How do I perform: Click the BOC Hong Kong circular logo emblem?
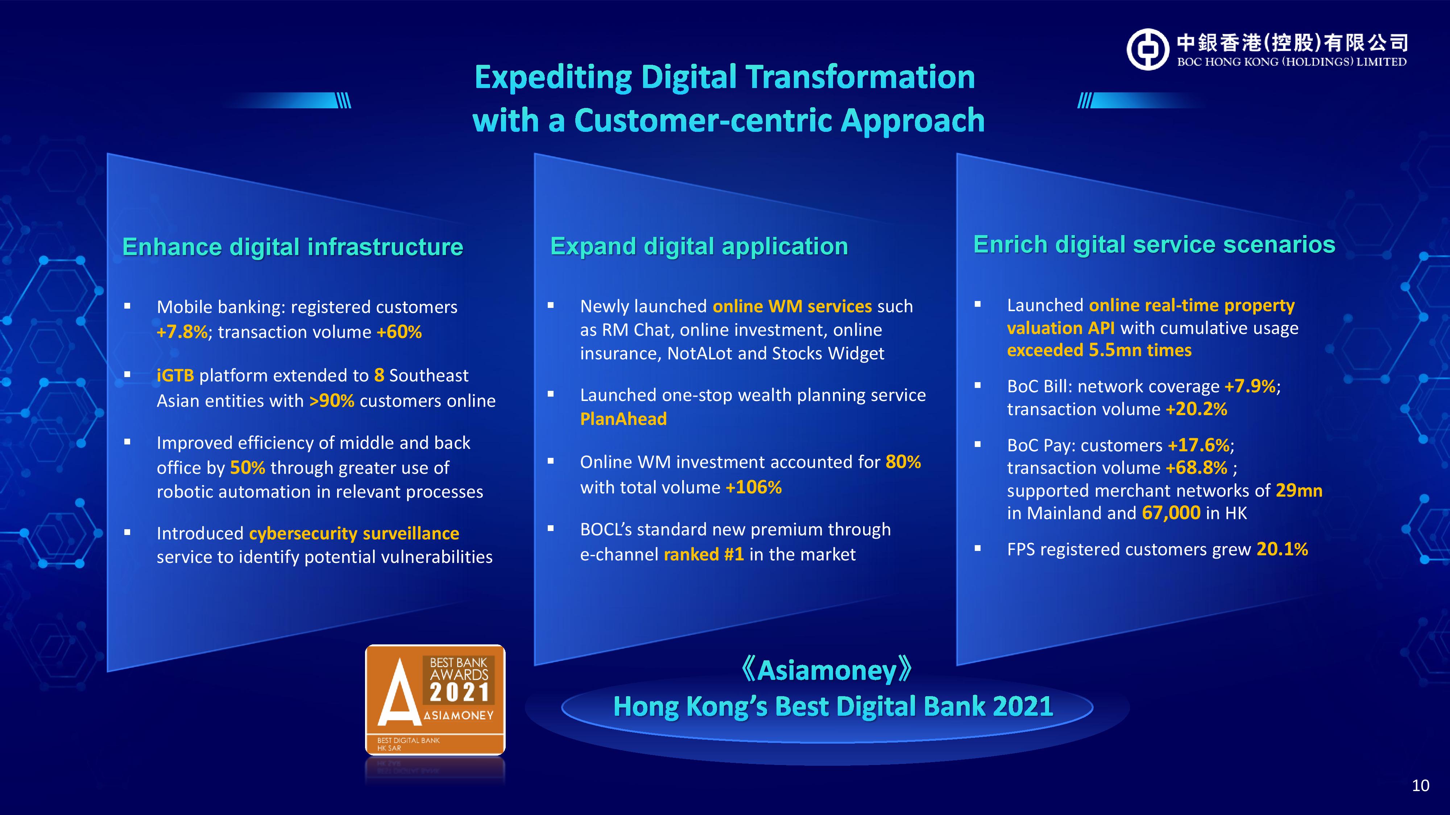pos(1148,50)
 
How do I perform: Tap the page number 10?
pos(1421,786)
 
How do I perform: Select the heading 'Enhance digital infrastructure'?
pos(293,247)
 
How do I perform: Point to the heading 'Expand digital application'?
pos(699,246)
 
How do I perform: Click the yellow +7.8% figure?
pos(182,332)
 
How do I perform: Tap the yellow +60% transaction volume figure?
pos(399,332)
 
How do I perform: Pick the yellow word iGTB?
pos(175,375)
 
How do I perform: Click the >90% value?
pos(332,401)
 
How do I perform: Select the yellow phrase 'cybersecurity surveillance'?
pos(354,533)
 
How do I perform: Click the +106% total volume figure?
pos(754,487)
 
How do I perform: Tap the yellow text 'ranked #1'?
pos(704,555)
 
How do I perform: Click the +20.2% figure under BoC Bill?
pos(1196,409)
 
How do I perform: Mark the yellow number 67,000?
pos(1171,513)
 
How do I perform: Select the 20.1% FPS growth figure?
pos(1282,549)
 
